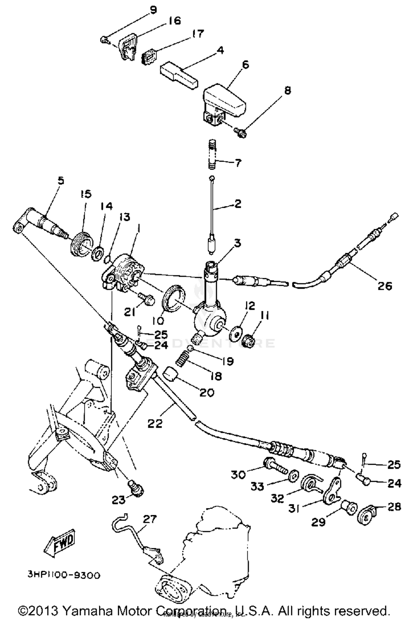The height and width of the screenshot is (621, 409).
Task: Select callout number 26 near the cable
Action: (x=384, y=286)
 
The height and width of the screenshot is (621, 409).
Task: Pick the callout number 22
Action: (x=155, y=423)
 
